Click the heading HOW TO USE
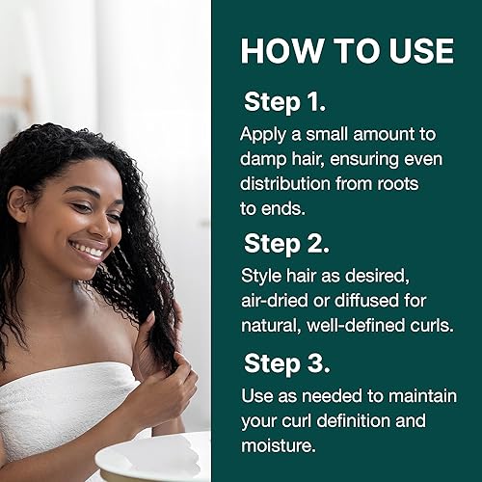pyautogui.click(x=346, y=50)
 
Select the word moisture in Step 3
pyautogui.click(x=277, y=446)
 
